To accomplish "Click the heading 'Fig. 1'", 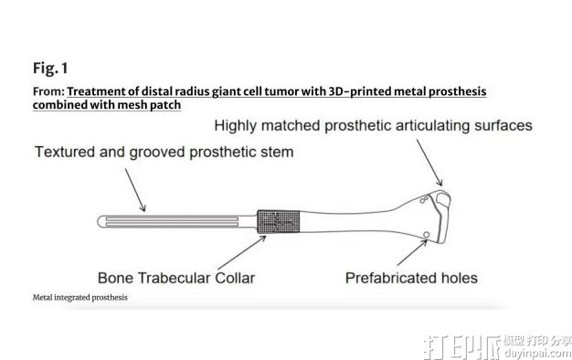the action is pos(51,69).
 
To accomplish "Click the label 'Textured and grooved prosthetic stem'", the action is pos(164,152).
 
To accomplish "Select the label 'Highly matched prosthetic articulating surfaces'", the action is pos(373,126).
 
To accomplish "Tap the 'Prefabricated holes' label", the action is pos(411,277).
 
